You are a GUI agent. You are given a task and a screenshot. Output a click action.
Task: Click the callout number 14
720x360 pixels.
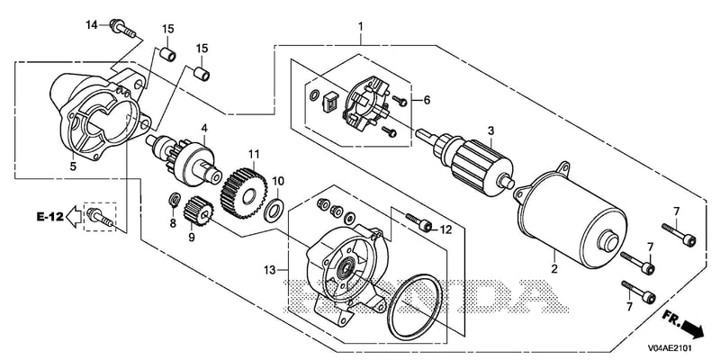click(x=92, y=24)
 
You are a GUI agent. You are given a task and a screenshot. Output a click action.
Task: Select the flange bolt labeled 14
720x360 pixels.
click(x=122, y=28)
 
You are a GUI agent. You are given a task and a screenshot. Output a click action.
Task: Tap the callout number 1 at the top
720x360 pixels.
click(x=361, y=27)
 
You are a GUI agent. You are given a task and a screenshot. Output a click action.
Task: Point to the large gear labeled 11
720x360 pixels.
click(x=244, y=193)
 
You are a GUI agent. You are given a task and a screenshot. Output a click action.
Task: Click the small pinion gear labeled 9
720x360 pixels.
click(x=198, y=211)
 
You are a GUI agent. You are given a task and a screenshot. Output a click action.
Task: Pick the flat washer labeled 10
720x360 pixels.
click(x=274, y=210)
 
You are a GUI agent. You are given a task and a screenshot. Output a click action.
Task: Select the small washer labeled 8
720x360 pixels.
click(x=175, y=200)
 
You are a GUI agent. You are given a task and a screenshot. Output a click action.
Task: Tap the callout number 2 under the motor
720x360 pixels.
click(x=554, y=269)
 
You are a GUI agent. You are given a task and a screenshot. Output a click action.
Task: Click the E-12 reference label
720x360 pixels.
click(x=50, y=216)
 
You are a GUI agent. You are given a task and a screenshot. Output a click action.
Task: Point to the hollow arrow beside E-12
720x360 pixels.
click(x=74, y=217)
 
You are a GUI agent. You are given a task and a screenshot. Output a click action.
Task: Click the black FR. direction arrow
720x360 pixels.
click(x=693, y=329)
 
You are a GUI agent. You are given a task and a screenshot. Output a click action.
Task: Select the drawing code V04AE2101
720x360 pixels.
click(x=670, y=348)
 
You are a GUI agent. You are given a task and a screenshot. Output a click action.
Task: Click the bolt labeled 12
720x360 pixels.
click(x=418, y=221)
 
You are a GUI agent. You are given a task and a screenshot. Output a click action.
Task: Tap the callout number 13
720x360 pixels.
click(x=270, y=270)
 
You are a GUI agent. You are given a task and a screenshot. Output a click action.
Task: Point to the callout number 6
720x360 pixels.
click(x=427, y=100)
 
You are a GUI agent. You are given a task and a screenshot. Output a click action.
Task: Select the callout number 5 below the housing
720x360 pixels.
click(x=73, y=166)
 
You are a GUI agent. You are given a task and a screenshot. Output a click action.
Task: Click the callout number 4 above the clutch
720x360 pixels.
click(x=204, y=128)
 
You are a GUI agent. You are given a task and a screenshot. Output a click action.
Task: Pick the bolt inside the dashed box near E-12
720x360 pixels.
click(x=100, y=216)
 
